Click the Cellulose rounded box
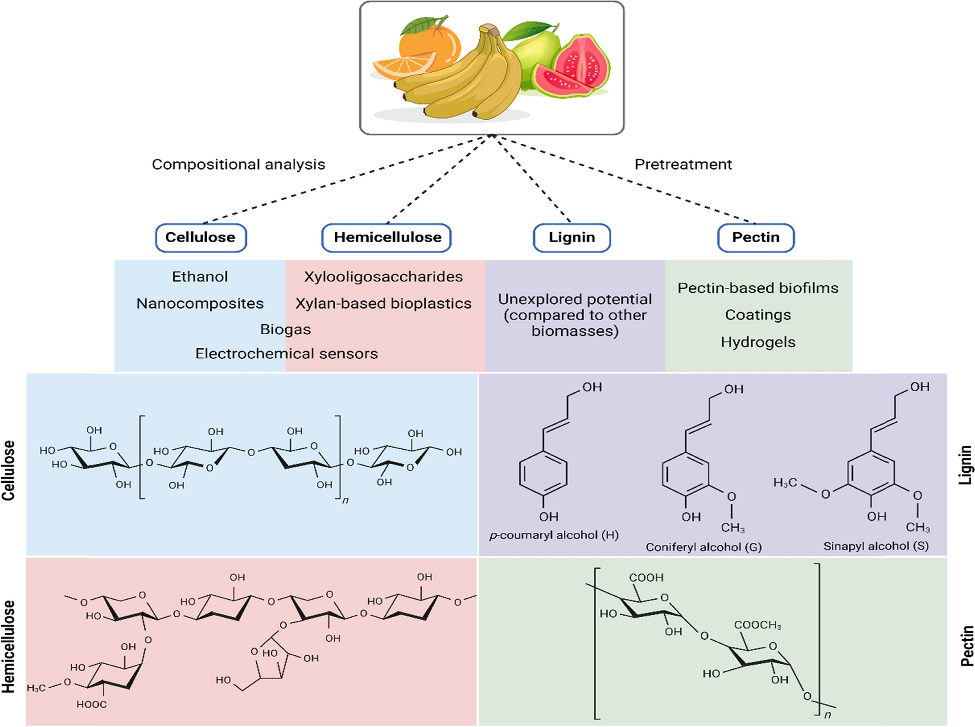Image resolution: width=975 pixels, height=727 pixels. coord(201,237)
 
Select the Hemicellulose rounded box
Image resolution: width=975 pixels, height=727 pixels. coord(387,237)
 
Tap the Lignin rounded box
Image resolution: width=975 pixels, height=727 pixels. coord(572,237)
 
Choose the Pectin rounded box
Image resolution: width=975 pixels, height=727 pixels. coord(756,237)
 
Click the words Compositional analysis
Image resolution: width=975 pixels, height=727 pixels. coord(239,164)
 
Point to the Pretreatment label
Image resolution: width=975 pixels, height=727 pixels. coord(683,164)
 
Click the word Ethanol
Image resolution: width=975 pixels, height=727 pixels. coord(200,277)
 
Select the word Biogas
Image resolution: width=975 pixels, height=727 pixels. coord(286,330)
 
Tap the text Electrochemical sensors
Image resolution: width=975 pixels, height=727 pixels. coord(287,354)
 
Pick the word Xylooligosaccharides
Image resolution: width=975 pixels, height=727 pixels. coord(383,277)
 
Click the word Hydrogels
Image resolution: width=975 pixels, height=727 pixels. coord(758,342)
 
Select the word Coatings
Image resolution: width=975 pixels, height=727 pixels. coord(758,315)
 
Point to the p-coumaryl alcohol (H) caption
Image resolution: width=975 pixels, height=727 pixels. coord(554,535)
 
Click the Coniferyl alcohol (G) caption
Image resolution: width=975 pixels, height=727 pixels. coord(704,547)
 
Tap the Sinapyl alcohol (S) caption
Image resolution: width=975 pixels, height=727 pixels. coord(876,546)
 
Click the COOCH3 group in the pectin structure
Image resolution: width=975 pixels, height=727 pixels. coord(757,625)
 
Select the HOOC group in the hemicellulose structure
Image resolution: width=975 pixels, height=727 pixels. coord(92,705)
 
